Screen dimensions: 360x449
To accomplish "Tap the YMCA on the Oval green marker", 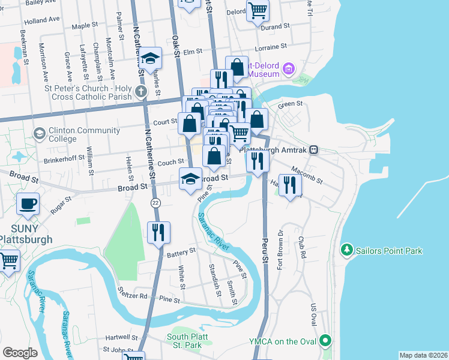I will click(325, 341).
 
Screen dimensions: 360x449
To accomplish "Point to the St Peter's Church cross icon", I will click(140, 92).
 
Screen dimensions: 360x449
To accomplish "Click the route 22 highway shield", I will click(155, 202).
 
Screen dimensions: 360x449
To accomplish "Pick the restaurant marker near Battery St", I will click(158, 232).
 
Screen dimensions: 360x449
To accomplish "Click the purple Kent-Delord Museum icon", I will click(289, 69).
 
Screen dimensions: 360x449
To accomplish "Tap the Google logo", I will click(20, 353).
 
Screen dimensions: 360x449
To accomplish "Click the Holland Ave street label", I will click(42, 20).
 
